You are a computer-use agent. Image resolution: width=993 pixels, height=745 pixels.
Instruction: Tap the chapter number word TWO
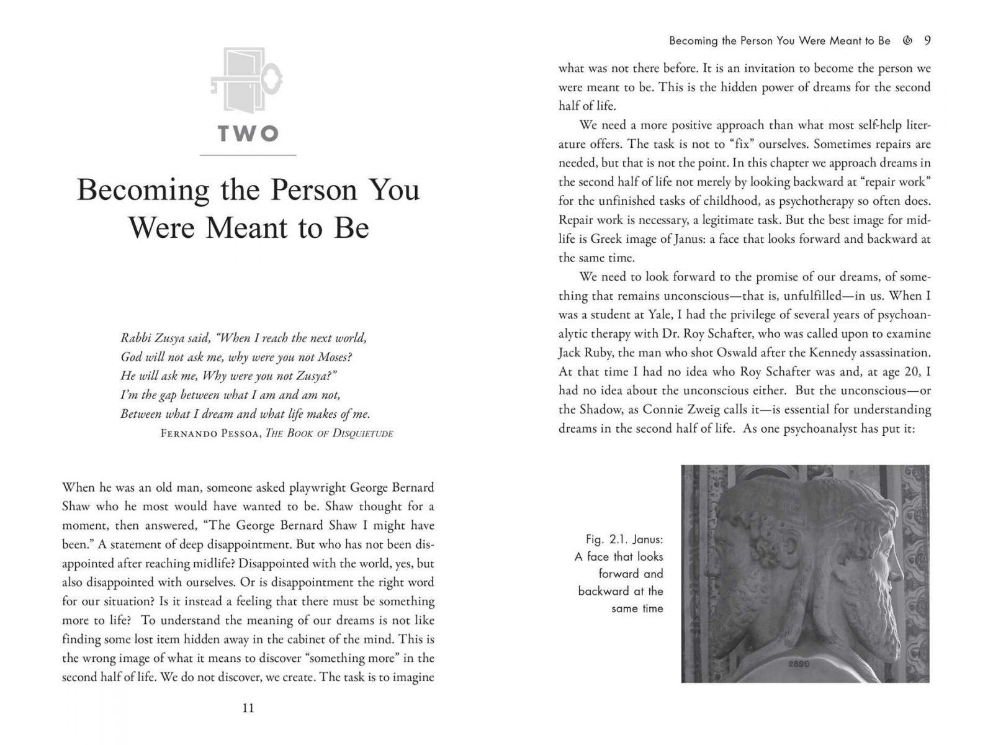[x=248, y=133]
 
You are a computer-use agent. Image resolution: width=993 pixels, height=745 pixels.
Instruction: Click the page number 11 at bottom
[x=248, y=708]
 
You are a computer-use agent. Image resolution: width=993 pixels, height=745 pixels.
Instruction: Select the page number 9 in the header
[x=927, y=41]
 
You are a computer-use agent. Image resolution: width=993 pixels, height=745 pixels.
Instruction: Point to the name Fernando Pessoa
[x=210, y=433]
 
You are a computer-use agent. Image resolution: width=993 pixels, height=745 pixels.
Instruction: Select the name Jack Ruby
[x=583, y=353]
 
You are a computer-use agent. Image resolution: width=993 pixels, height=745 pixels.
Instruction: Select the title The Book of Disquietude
[x=329, y=433]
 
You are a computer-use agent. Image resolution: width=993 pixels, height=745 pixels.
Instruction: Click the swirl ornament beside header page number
[x=908, y=41]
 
